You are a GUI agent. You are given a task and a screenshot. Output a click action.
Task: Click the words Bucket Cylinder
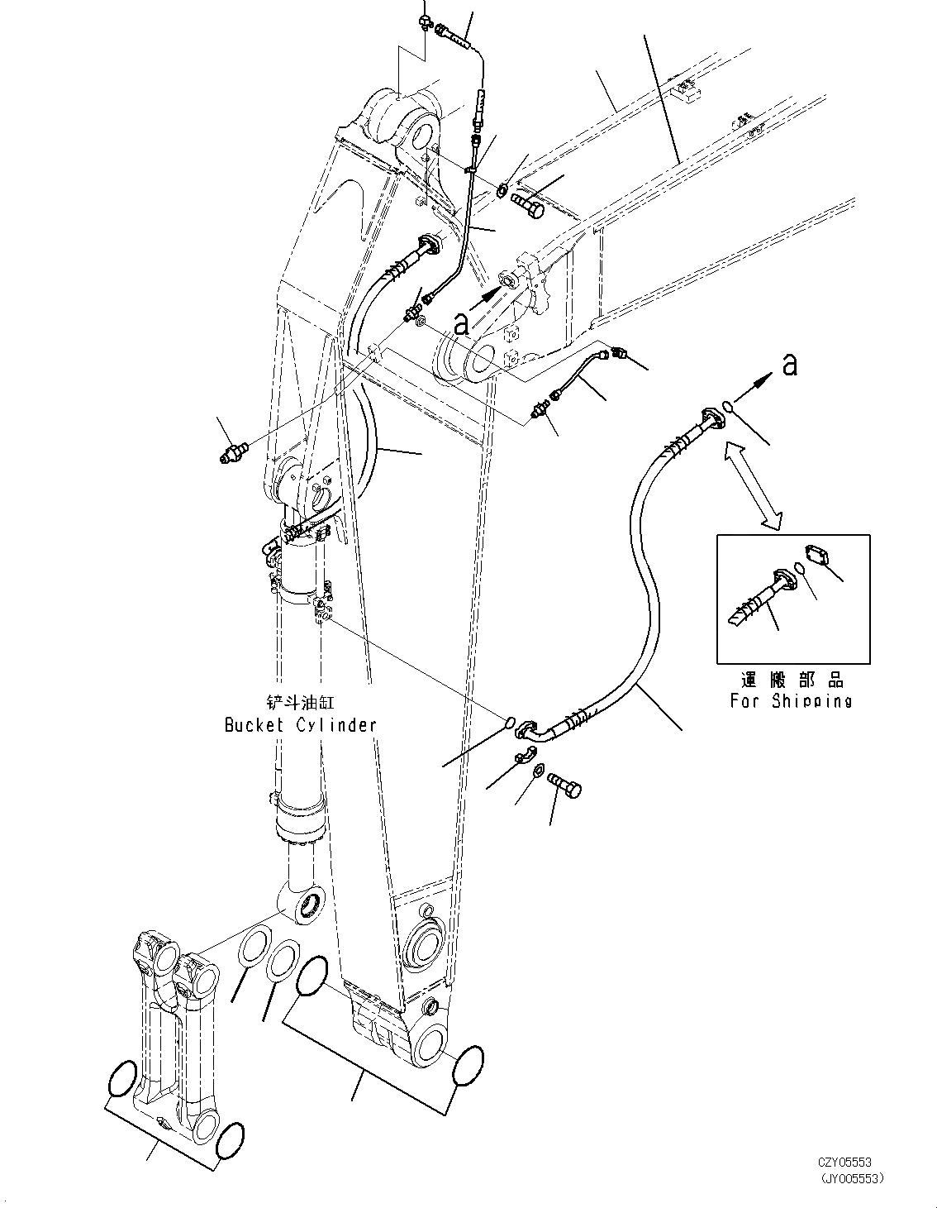300,725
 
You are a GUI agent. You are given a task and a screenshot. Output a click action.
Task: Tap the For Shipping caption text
791,701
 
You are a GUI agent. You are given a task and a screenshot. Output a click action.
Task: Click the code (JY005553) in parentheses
851,1178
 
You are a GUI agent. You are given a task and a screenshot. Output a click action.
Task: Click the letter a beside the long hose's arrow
791,364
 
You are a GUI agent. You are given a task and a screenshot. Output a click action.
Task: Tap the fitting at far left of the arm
234,452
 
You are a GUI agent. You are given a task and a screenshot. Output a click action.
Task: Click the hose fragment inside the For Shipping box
759,597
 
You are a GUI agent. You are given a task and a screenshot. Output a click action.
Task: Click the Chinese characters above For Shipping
791,680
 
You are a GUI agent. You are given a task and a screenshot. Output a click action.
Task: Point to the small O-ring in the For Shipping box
800,569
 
